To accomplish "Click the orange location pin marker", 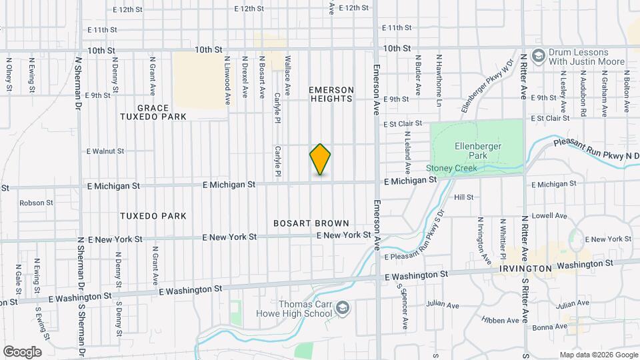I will (x=320, y=159).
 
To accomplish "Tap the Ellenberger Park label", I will (x=478, y=151).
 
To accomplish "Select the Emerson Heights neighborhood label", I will (x=331, y=94).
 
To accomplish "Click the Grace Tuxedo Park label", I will (x=162, y=112).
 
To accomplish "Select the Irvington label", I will (x=525, y=268).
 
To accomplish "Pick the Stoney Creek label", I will (x=451, y=168).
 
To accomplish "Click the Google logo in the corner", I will (x=21, y=352).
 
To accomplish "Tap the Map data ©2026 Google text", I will (x=598, y=355).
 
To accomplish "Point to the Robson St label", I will (x=36, y=203).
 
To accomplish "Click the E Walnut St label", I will (x=105, y=151).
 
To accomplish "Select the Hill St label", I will (x=463, y=197).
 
